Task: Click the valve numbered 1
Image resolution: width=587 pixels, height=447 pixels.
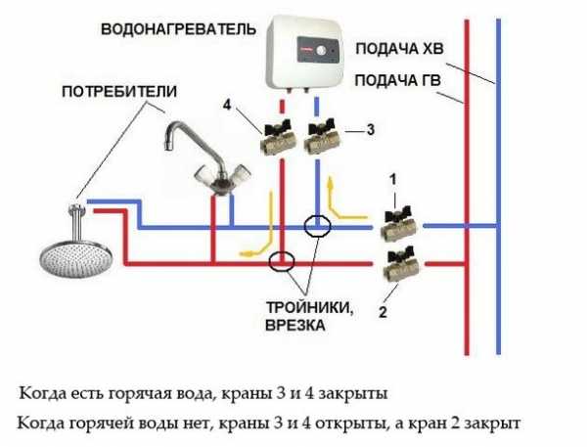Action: click(398, 224)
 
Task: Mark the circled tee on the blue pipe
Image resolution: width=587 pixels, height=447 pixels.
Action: click(318, 226)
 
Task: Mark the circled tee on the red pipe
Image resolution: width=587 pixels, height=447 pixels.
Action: click(282, 261)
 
